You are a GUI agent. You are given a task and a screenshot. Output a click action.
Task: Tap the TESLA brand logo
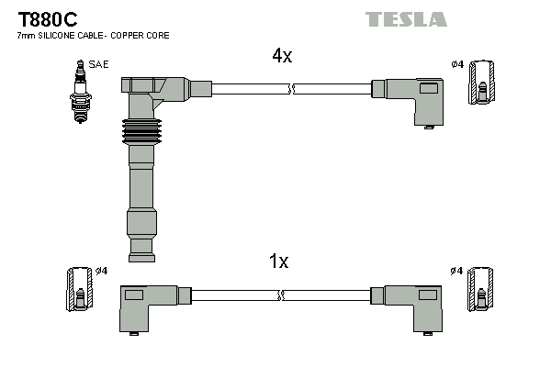pyautogui.click(x=406, y=18)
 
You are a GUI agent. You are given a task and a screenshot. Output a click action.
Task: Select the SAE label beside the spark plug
pyautogui.click(x=96, y=63)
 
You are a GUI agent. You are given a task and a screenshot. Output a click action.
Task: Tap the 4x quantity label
pyautogui.click(x=281, y=56)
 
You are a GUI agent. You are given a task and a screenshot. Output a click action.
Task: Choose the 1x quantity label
pyautogui.click(x=278, y=262)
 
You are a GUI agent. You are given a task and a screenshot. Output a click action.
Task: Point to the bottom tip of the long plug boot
pyautogui.click(x=141, y=249)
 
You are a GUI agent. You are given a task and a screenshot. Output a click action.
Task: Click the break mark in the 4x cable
pyautogui.click(x=291, y=89)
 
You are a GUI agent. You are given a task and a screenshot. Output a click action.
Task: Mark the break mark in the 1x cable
pyautogui.click(x=281, y=295)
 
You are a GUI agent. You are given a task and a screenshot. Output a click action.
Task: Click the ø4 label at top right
pyautogui.click(x=457, y=64)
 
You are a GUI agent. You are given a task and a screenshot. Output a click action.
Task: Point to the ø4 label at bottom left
pyautogui.click(x=101, y=271)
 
